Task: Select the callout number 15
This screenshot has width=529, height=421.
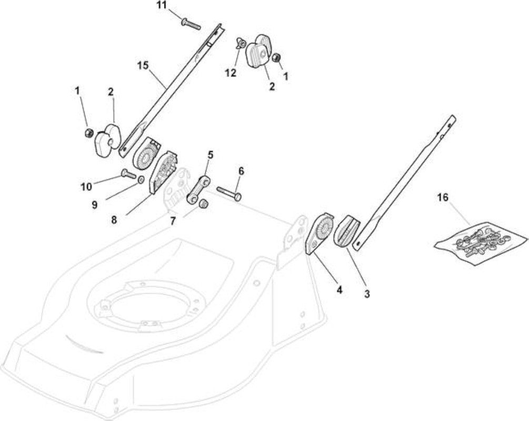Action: [x=143, y=65]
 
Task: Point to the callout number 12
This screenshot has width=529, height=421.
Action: [x=231, y=73]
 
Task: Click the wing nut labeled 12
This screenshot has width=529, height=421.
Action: [x=240, y=43]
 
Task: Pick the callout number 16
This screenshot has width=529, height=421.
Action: [x=443, y=197]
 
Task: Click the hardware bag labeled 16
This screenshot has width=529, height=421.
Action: [x=481, y=243]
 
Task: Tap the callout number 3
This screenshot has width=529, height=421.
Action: [x=367, y=294]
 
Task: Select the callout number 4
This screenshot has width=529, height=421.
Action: [x=339, y=289]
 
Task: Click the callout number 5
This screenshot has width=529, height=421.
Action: [x=210, y=155]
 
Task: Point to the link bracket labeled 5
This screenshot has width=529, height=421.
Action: [x=198, y=189]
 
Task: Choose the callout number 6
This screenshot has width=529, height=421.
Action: [x=241, y=171]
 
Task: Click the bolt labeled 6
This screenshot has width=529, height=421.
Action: [x=229, y=194]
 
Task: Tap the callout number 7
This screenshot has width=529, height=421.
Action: [x=173, y=222]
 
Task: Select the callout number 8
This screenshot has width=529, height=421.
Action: [x=114, y=220]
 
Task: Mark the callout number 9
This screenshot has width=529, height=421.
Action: [x=94, y=204]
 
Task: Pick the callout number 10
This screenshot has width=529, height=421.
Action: [x=86, y=186]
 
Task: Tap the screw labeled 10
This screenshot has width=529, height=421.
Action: [x=128, y=174]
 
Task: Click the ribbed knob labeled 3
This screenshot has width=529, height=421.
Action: [x=346, y=231]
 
